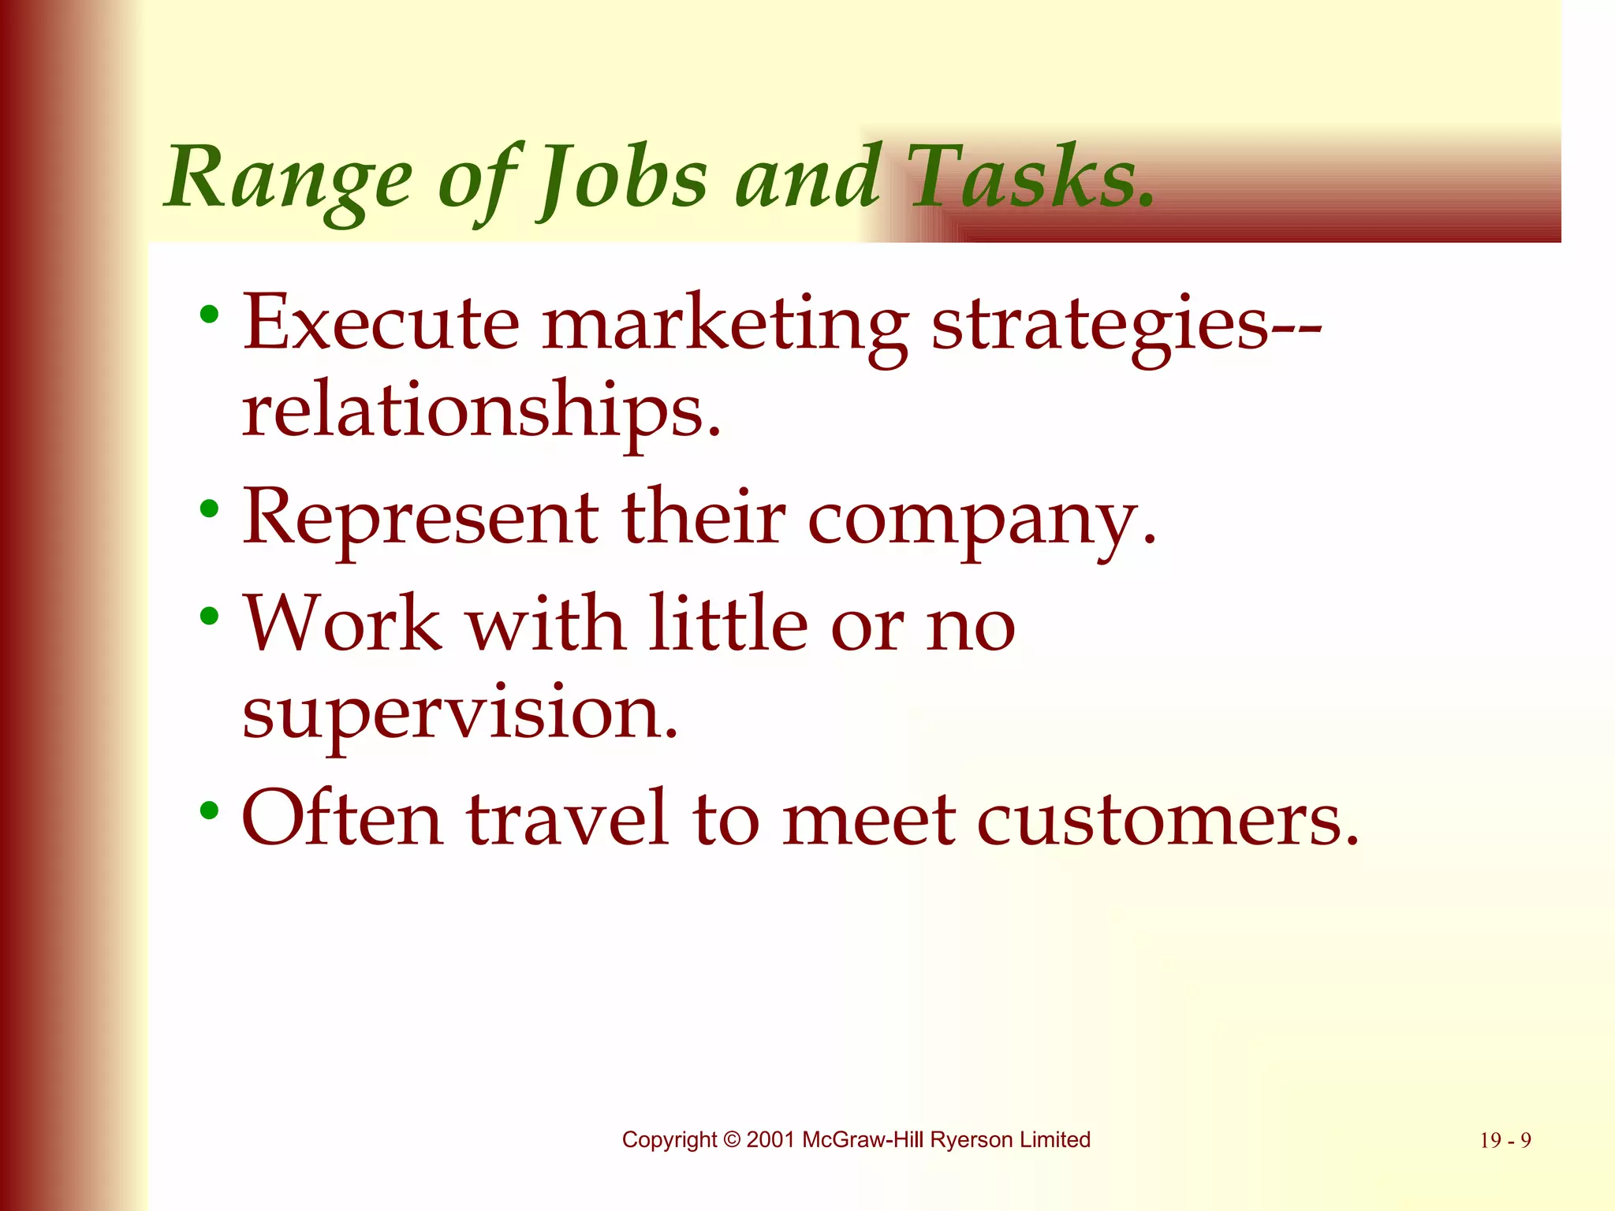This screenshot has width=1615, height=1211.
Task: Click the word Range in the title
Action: click(289, 178)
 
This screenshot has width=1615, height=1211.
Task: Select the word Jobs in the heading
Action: click(621, 178)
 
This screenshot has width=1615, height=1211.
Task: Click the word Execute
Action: click(380, 322)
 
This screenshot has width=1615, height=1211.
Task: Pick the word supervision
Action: click(460, 712)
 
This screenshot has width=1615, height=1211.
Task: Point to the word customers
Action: click(1168, 818)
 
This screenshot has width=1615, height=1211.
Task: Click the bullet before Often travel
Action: click(209, 809)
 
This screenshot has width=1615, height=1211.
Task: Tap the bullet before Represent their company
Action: click(209, 509)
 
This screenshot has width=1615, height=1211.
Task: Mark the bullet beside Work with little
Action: click(209, 615)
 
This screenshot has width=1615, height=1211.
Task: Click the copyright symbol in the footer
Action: click(732, 1140)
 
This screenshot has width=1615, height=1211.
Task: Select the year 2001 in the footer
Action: click(770, 1140)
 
